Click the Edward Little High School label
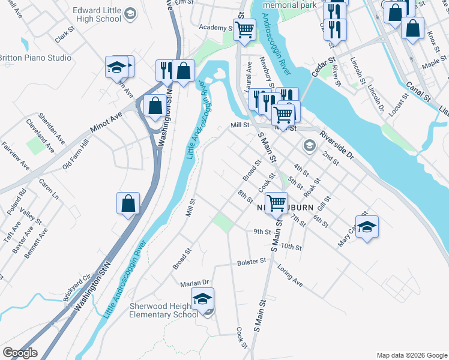(96, 14)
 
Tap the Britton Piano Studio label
(35, 58)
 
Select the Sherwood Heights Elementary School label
(164, 310)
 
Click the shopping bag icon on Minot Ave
(155, 106)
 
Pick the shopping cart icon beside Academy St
(244, 29)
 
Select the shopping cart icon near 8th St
(276, 203)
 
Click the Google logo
(20, 353)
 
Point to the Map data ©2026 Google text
(411, 355)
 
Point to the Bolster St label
(251, 262)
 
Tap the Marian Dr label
(194, 282)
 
